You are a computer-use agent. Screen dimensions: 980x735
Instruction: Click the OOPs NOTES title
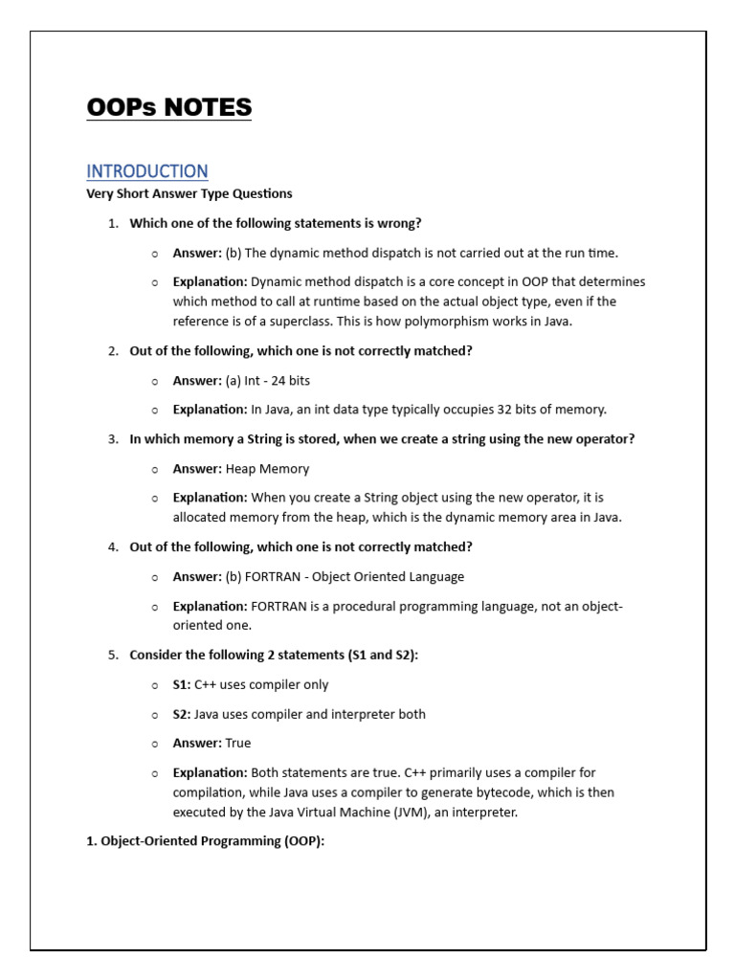(168, 107)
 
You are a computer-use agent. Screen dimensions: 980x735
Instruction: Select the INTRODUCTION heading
(146, 171)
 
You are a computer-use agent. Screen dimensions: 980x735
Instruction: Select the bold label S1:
(182, 685)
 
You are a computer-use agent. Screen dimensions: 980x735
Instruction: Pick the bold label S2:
(182, 715)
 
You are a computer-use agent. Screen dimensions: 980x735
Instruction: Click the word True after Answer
(238, 744)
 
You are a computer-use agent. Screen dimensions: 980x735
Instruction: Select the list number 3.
(113, 439)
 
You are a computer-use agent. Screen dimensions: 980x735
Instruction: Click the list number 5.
(113, 656)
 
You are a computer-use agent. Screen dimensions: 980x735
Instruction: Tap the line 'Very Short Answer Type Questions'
(189, 193)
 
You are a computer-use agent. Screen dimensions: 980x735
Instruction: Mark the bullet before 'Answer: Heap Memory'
(155, 469)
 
